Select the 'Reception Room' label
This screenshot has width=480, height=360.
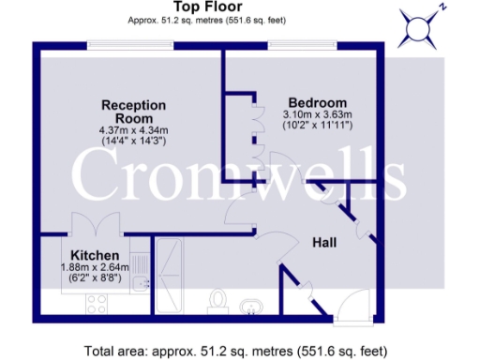coord(133,110)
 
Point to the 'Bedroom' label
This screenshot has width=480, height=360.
coord(317,102)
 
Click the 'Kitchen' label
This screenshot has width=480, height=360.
coord(95,255)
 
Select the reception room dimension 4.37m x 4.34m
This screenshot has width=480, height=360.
coord(133,128)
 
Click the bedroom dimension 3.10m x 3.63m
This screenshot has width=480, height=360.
coord(317,114)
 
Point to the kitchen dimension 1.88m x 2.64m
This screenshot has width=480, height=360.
coord(95,267)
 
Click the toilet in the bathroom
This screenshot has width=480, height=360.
coord(218,300)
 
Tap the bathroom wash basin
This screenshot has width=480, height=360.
coord(253,305)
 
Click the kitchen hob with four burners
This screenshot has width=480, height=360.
coord(97,302)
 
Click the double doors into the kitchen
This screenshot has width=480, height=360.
coord(95,227)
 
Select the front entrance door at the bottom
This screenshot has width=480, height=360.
coord(354,307)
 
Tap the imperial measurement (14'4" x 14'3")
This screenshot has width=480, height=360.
coord(133,140)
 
